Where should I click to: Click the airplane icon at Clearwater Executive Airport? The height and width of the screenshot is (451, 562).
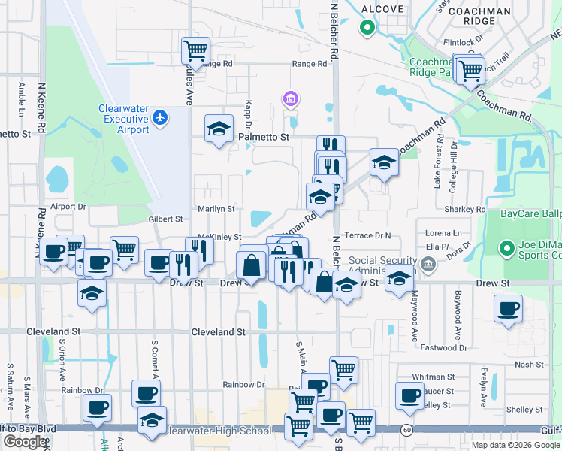point(159,117)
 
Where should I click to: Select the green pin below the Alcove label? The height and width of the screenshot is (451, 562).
point(367,29)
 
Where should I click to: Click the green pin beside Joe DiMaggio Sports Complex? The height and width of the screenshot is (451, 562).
point(507,247)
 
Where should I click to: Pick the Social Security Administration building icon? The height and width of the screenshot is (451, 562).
point(428,263)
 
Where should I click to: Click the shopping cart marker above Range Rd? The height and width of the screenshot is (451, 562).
point(195,50)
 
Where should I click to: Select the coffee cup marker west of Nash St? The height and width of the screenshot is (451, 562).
point(508,308)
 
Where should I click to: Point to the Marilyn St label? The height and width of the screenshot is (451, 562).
point(216,209)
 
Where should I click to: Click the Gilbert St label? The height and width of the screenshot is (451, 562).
point(165,219)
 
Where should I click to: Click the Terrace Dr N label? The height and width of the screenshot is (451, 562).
point(368,235)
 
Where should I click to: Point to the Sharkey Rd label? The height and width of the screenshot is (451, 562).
point(470,210)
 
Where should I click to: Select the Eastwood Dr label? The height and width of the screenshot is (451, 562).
point(443,348)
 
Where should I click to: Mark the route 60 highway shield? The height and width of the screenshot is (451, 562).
point(406,429)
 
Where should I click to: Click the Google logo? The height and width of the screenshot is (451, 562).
point(25,442)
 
